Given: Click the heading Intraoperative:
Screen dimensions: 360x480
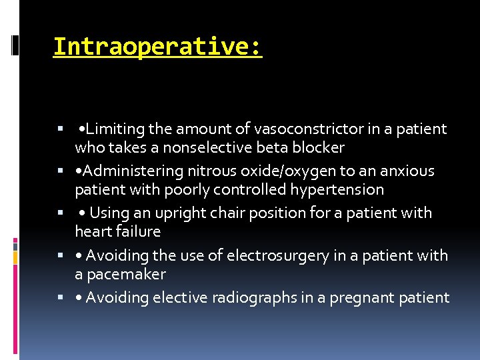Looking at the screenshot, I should [157, 47].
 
